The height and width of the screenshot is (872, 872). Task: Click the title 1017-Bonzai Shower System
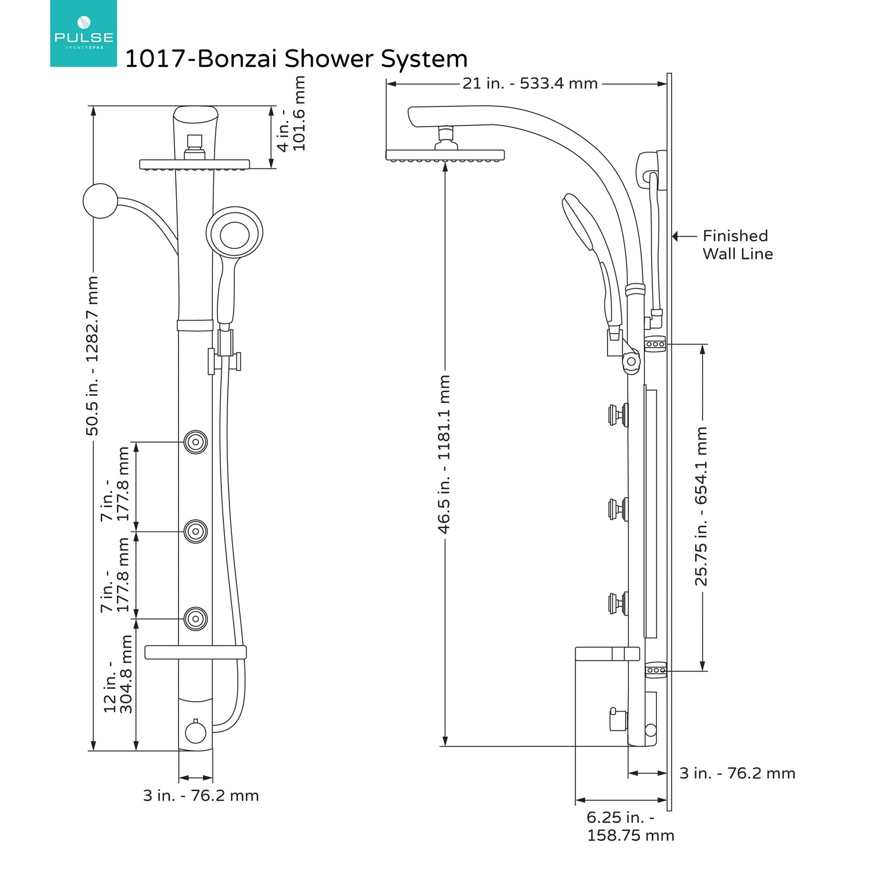coord(296,59)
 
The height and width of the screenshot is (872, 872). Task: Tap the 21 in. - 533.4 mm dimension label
coord(530,84)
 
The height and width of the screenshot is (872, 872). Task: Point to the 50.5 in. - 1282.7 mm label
coord(92,356)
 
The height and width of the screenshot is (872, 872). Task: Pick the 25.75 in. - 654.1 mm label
coord(702,506)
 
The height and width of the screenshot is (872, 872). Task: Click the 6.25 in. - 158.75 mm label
coord(630,826)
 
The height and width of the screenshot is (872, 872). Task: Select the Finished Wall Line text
coord(737,245)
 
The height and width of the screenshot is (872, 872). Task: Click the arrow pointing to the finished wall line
coord(684,237)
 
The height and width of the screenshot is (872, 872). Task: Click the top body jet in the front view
coord(196,442)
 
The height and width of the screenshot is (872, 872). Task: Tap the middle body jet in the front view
coord(196,531)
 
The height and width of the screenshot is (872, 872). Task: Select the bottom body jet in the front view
coord(196,619)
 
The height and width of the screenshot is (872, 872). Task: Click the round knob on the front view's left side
coord(101,201)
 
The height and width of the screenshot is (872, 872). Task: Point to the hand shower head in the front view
coord(237,234)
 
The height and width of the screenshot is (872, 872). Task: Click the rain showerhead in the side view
coord(445,155)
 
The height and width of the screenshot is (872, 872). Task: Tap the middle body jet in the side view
coord(617,509)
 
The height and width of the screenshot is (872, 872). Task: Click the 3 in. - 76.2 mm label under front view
coord(201,795)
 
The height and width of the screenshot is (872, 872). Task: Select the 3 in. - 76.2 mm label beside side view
coord(737,773)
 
